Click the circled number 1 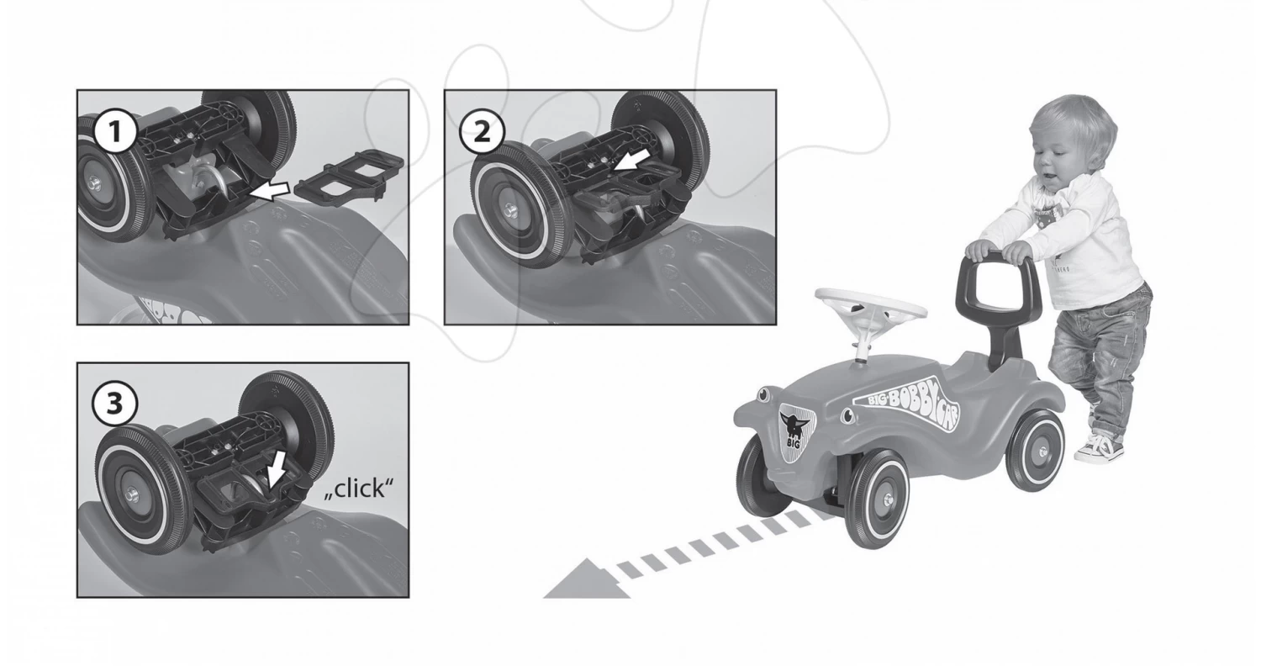point(115,132)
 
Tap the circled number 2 point(482,133)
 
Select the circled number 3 point(115,404)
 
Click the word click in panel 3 point(359,488)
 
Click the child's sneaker point(1099,447)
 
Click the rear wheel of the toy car point(1036,451)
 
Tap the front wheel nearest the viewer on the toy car point(880,499)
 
